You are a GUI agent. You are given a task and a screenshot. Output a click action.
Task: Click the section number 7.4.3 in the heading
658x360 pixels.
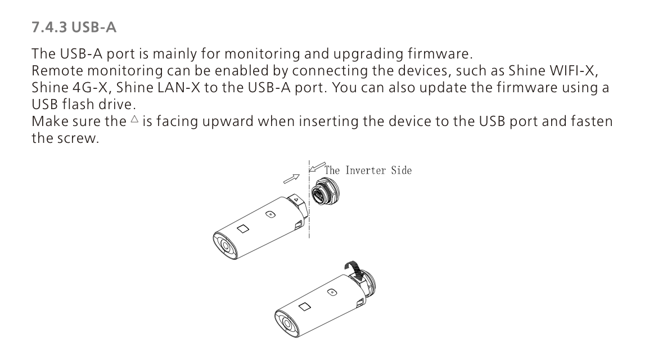click(x=49, y=27)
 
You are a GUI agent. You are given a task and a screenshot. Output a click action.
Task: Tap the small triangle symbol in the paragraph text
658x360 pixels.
click(x=134, y=119)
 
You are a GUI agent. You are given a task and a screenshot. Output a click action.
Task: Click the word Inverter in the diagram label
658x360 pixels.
click(x=366, y=170)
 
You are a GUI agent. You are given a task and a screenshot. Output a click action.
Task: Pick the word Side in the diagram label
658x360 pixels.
click(x=402, y=170)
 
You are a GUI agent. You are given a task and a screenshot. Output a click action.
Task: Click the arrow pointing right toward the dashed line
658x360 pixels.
click(x=292, y=179)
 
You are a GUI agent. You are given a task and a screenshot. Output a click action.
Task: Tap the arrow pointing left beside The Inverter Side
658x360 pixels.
click(x=317, y=167)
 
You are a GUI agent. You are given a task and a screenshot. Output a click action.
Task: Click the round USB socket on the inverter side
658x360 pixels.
click(x=325, y=191)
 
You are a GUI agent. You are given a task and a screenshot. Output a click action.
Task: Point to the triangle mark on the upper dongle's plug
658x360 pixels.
click(x=296, y=200)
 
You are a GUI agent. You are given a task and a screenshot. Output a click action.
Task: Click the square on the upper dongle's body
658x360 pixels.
click(x=243, y=229)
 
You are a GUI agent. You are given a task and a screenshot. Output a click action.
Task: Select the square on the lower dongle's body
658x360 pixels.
click(x=305, y=307)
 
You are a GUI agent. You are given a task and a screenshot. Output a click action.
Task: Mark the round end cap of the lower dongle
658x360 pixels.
click(x=287, y=323)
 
